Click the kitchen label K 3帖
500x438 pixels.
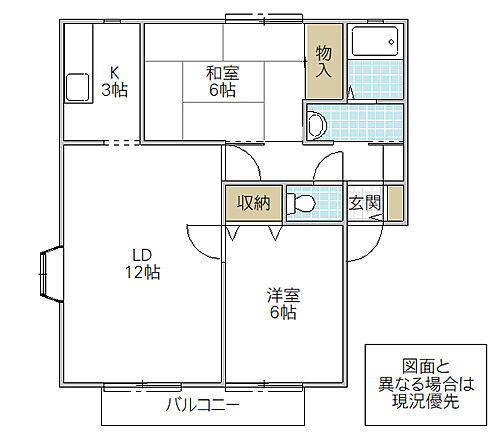coord(116,80)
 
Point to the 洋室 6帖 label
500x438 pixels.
coord(281,303)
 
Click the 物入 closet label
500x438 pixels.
coord(324,59)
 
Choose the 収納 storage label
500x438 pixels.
coord(254,203)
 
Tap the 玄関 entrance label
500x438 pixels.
coord(362,203)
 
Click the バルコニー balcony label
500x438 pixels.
coord(202,406)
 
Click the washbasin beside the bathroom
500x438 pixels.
coord(316,125)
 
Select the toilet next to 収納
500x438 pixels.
coord(301,204)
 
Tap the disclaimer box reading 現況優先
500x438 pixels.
coord(422,381)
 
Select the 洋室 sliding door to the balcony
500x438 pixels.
coord(265,386)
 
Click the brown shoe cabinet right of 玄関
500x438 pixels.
coord(395,203)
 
